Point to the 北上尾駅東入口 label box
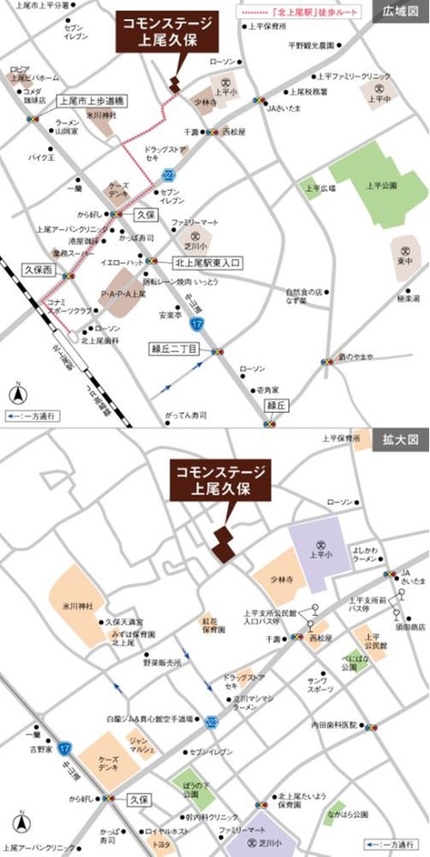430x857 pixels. point(210,261)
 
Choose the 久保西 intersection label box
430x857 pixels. point(38,269)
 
